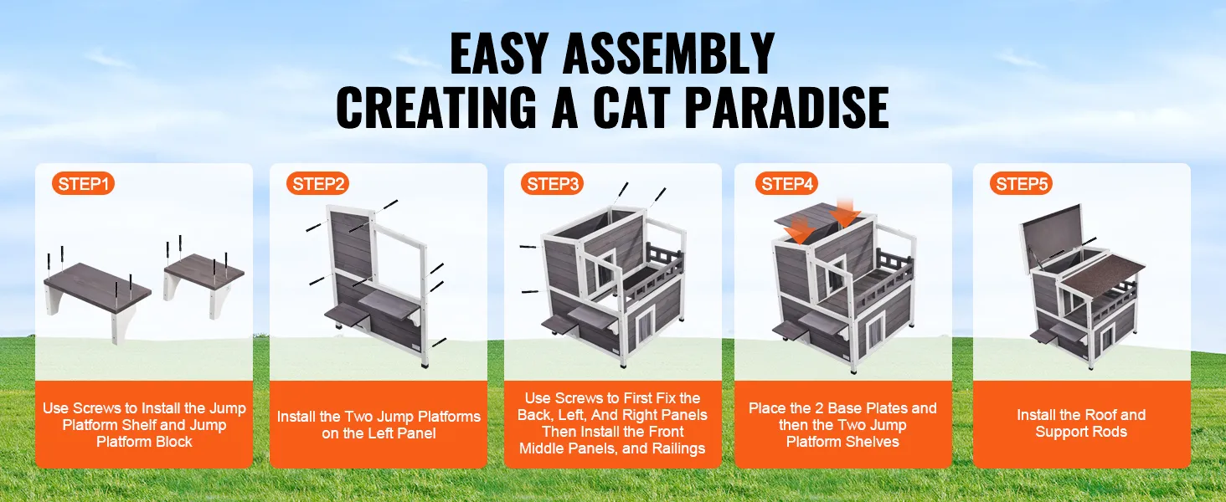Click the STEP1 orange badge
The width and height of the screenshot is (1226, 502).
tap(83, 184)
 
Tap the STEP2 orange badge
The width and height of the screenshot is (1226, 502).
tap(317, 184)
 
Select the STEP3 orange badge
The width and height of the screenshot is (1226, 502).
tap(552, 184)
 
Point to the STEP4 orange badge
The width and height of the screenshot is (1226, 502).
tap(786, 184)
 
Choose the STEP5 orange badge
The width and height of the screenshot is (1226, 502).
tap(1021, 184)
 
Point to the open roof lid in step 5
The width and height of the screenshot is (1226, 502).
tap(1052, 235)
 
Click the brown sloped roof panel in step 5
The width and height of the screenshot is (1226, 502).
tap(1101, 276)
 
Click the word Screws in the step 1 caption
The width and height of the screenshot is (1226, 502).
tap(98, 408)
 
